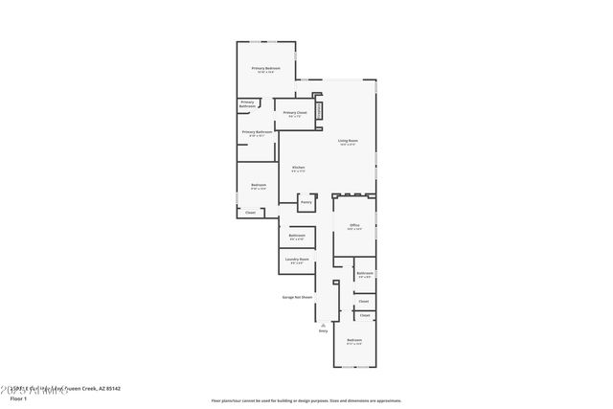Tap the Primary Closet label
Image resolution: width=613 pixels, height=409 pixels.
pyautogui.click(x=295, y=113)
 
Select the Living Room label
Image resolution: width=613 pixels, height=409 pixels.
pyautogui.click(x=347, y=141)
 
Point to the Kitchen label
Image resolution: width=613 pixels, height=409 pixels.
pyautogui.click(x=298, y=168)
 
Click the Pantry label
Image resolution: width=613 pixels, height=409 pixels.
pyautogui.click(x=306, y=202)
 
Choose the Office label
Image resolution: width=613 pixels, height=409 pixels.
pyautogui.click(x=353, y=226)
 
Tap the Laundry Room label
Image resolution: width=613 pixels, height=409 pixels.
pyautogui.click(x=297, y=260)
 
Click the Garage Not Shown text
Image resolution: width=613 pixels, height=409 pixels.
pyautogui.click(x=297, y=297)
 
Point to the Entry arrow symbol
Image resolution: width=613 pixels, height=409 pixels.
pyautogui.click(x=324, y=324)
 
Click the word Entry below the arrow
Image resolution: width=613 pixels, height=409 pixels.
pyautogui.click(x=324, y=331)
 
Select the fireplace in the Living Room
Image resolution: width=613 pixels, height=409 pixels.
pyautogui.click(x=320, y=111)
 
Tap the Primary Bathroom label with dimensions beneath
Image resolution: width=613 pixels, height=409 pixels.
pyautogui.click(x=257, y=132)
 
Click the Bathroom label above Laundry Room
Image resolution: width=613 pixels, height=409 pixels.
pyautogui.click(x=297, y=236)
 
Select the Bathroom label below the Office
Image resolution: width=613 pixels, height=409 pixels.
pyautogui.click(x=364, y=274)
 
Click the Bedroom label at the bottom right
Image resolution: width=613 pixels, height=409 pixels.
pyautogui.click(x=354, y=341)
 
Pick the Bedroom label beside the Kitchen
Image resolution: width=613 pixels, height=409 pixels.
pyautogui.click(x=259, y=185)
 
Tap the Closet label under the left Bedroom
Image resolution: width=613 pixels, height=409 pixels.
pyautogui.click(x=250, y=213)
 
